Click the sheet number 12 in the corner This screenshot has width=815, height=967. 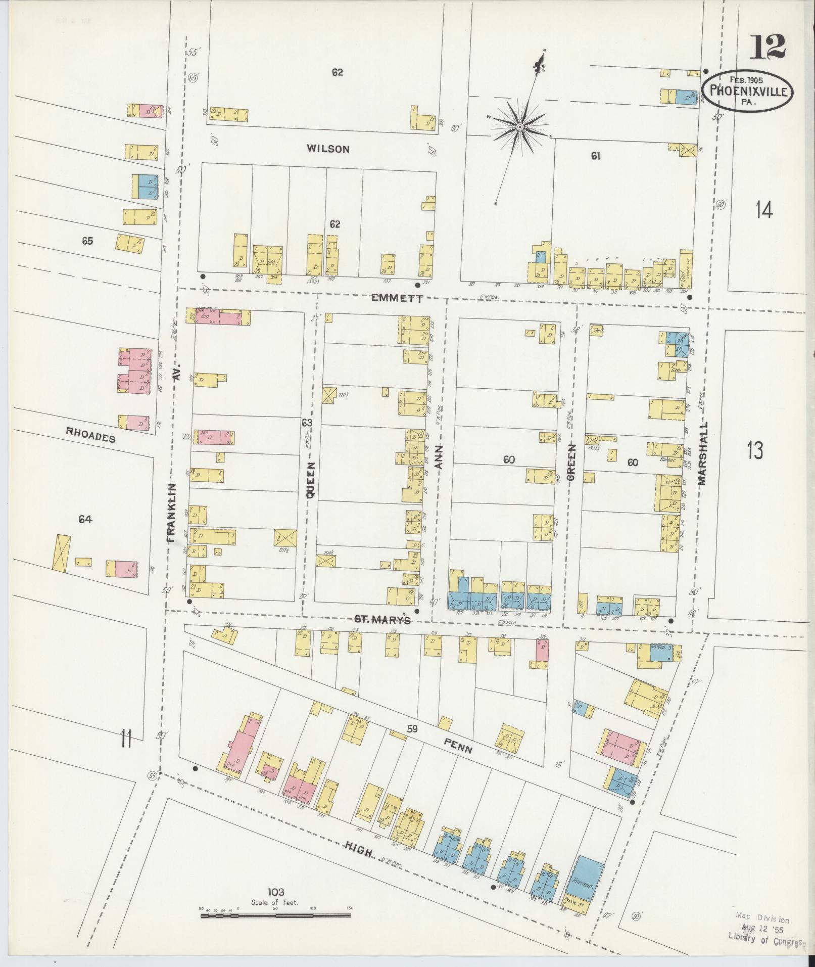(766, 48)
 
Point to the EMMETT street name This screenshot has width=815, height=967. (397, 299)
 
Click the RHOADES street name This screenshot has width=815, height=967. (91, 434)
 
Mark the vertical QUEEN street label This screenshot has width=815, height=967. (310, 480)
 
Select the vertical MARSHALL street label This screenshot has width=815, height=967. (703, 453)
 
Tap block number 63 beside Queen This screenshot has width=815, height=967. (307, 423)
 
